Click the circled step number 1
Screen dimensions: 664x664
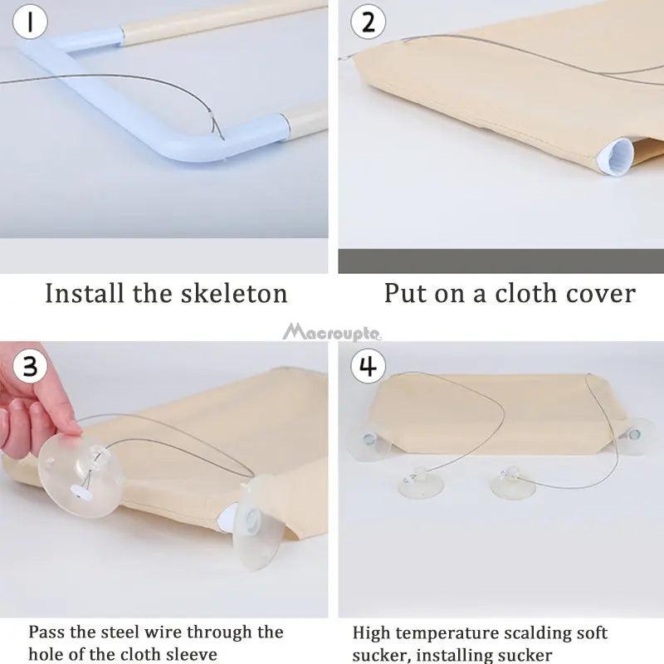coord(30,22)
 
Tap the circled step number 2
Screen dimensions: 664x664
coord(368,22)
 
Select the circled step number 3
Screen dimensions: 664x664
coord(30,365)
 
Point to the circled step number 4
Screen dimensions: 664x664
coord(368,365)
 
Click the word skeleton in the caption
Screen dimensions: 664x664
coord(234,293)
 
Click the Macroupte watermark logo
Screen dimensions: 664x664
coord(332,333)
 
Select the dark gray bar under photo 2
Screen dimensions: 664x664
coord(501,261)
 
